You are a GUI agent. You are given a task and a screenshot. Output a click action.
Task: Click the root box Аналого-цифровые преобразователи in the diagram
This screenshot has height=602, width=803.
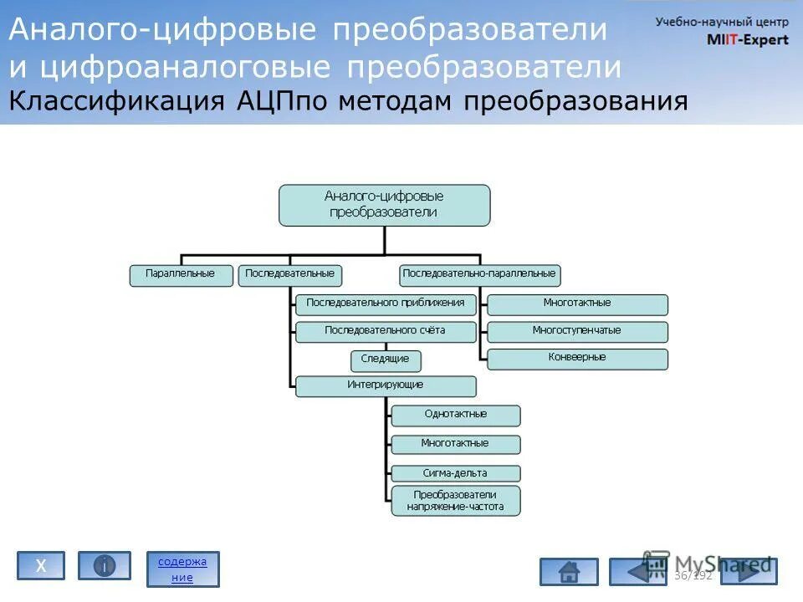[384, 205]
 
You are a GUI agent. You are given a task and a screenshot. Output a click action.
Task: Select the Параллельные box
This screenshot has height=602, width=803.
[181, 275]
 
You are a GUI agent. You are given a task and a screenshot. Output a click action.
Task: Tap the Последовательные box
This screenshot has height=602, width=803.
[290, 275]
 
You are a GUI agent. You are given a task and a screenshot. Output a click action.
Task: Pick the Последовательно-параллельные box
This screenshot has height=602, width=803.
[479, 275]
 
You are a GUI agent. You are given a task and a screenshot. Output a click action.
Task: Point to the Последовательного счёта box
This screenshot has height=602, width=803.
[386, 332]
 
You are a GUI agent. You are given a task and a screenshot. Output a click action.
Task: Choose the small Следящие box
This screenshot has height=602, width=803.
[386, 360]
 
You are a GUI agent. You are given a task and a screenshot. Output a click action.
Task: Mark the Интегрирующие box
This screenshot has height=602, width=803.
[386, 386]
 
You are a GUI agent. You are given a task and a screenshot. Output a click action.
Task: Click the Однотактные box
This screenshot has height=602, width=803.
[456, 416]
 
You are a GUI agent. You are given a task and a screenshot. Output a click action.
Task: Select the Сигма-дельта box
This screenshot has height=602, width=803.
[456, 473]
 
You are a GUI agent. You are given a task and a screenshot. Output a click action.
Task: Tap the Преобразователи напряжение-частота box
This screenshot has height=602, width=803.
[456, 500]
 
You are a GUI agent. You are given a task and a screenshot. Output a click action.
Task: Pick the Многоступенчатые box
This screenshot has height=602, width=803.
[577, 332]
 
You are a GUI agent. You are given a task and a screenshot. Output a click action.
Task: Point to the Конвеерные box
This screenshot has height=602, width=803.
[577, 359]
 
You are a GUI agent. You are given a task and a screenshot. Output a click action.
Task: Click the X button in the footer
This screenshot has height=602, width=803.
[40, 566]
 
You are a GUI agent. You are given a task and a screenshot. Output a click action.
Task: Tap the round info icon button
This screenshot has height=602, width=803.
[105, 566]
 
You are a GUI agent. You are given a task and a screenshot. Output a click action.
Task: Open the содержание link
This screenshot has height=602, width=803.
[182, 569]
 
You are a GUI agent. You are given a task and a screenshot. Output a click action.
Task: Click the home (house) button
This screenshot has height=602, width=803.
[569, 572]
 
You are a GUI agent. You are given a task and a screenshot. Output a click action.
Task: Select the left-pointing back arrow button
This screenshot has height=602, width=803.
[637, 572]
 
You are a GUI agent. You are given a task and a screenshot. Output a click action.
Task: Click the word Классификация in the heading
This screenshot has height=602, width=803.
[117, 102]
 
